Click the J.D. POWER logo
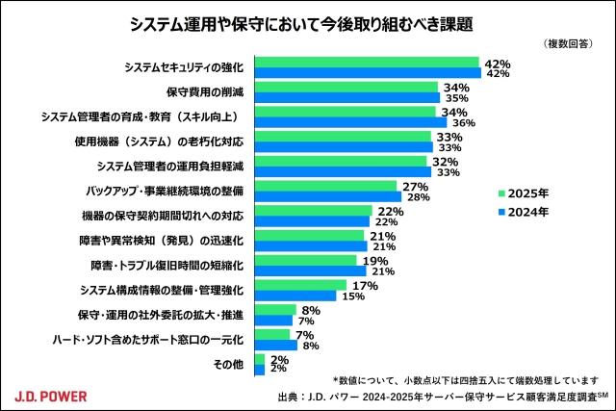point(53,394)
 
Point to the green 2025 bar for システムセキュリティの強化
point(367,63)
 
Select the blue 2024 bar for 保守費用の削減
point(346,97)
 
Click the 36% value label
point(464,122)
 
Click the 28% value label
point(415,197)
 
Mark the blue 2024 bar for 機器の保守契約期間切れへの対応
point(314,221)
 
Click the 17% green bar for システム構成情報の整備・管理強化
point(300,285)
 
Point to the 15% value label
point(352,295)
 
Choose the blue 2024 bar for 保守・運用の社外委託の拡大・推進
point(273,321)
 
